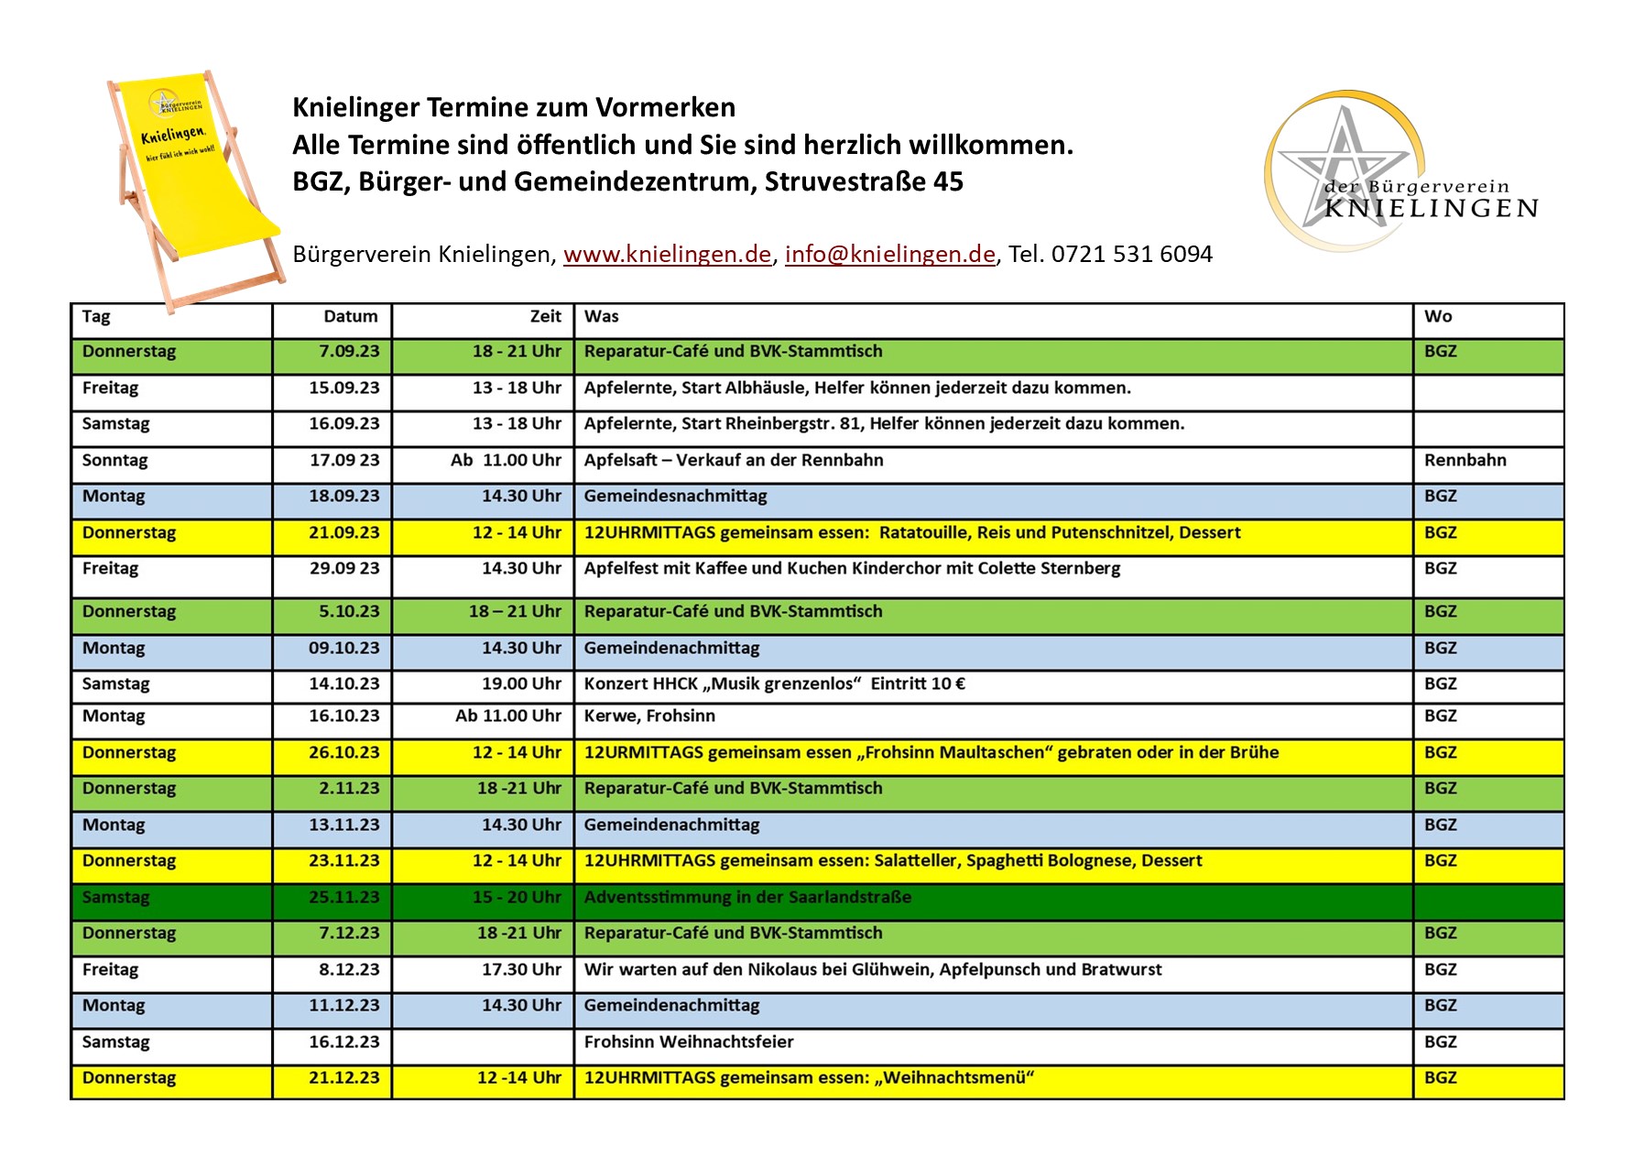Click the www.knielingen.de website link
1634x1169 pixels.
click(667, 254)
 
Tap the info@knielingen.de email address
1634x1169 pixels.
click(889, 254)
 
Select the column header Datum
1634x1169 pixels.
click(350, 317)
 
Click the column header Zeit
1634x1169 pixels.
click(545, 317)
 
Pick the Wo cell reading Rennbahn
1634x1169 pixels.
click(1465, 461)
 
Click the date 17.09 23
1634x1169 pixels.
click(343, 461)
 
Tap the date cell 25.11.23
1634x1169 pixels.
click(343, 898)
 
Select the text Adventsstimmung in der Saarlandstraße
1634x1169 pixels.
click(747, 898)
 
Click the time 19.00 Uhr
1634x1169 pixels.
click(521, 684)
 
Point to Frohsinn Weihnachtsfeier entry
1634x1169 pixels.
click(689, 1043)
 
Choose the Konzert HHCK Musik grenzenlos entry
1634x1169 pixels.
click(774, 684)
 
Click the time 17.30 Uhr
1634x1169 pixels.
click(521, 970)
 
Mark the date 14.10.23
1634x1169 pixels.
click(343, 684)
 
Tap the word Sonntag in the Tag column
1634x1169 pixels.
click(114, 461)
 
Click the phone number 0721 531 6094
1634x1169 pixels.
click(1131, 254)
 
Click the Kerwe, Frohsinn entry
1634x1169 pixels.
click(649, 716)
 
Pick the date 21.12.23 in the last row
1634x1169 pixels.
click(343, 1078)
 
